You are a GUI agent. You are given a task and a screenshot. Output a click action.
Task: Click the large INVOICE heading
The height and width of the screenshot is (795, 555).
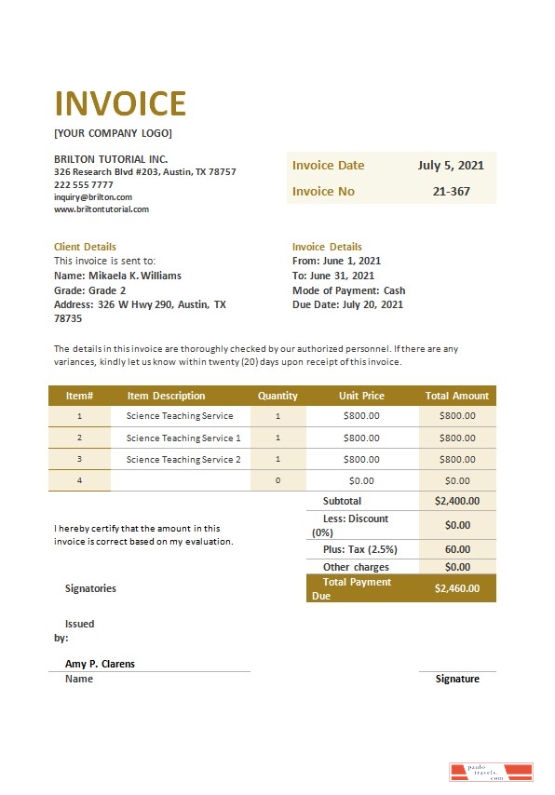pyautogui.click(x=120, y=103)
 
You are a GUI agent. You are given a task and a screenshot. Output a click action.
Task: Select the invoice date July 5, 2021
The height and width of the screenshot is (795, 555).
pyautogui.click(x=451, y=166)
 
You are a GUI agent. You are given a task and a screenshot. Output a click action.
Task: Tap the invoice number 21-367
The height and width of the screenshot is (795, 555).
pyautogui.click(x=452, y=192)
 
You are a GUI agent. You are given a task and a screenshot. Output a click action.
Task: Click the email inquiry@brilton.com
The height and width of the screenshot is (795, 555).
pyautogui.click(x=93, y=197)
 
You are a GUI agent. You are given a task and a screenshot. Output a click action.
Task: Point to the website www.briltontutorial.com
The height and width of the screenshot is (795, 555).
pyautogui.click(x=102, y=209)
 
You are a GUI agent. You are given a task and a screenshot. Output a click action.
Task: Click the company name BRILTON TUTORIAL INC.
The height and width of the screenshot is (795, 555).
pyautogui.click(x=111, y=159)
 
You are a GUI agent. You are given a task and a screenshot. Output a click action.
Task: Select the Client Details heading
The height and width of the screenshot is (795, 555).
pyautogui.click(x=85, y=247)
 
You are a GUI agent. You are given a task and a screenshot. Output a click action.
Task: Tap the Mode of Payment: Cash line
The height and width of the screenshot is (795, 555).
pyautogui.click(x=348, y=290)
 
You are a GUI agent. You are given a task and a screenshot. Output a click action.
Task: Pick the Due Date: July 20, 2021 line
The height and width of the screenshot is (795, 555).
pyautogui.click(x=347, y=304)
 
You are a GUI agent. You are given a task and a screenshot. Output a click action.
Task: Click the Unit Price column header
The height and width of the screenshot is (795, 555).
pyautogui.click(x=361, y=396)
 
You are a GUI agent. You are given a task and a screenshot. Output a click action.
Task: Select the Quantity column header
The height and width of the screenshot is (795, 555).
pyautogui.click(x=277, y=396)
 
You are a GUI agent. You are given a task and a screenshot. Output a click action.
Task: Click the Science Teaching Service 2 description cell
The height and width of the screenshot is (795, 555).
pyautogui.click(x=183, y=460)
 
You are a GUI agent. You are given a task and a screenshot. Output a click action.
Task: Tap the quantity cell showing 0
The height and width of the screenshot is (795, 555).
pyautogui.click(x=277, y=481)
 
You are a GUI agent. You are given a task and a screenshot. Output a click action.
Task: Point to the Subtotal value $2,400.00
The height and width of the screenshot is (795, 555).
pyautogui.click(x=456, y=501)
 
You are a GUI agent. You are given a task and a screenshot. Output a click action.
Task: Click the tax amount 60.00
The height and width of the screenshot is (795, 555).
pyautogui.click(x=457, y=549)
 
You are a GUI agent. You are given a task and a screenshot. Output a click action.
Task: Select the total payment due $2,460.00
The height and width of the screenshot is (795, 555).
pyautogui.click(x=456, y=587)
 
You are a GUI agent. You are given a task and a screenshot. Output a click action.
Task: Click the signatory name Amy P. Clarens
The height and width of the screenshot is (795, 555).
pyautogui.click(x=100, y=664)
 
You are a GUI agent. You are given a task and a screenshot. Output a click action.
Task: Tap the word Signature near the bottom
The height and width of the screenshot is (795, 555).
pyautogui.click(x=457, y=679)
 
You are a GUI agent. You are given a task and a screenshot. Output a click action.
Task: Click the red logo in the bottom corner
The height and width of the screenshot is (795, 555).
pyautogui.click(x=491, y=772)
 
